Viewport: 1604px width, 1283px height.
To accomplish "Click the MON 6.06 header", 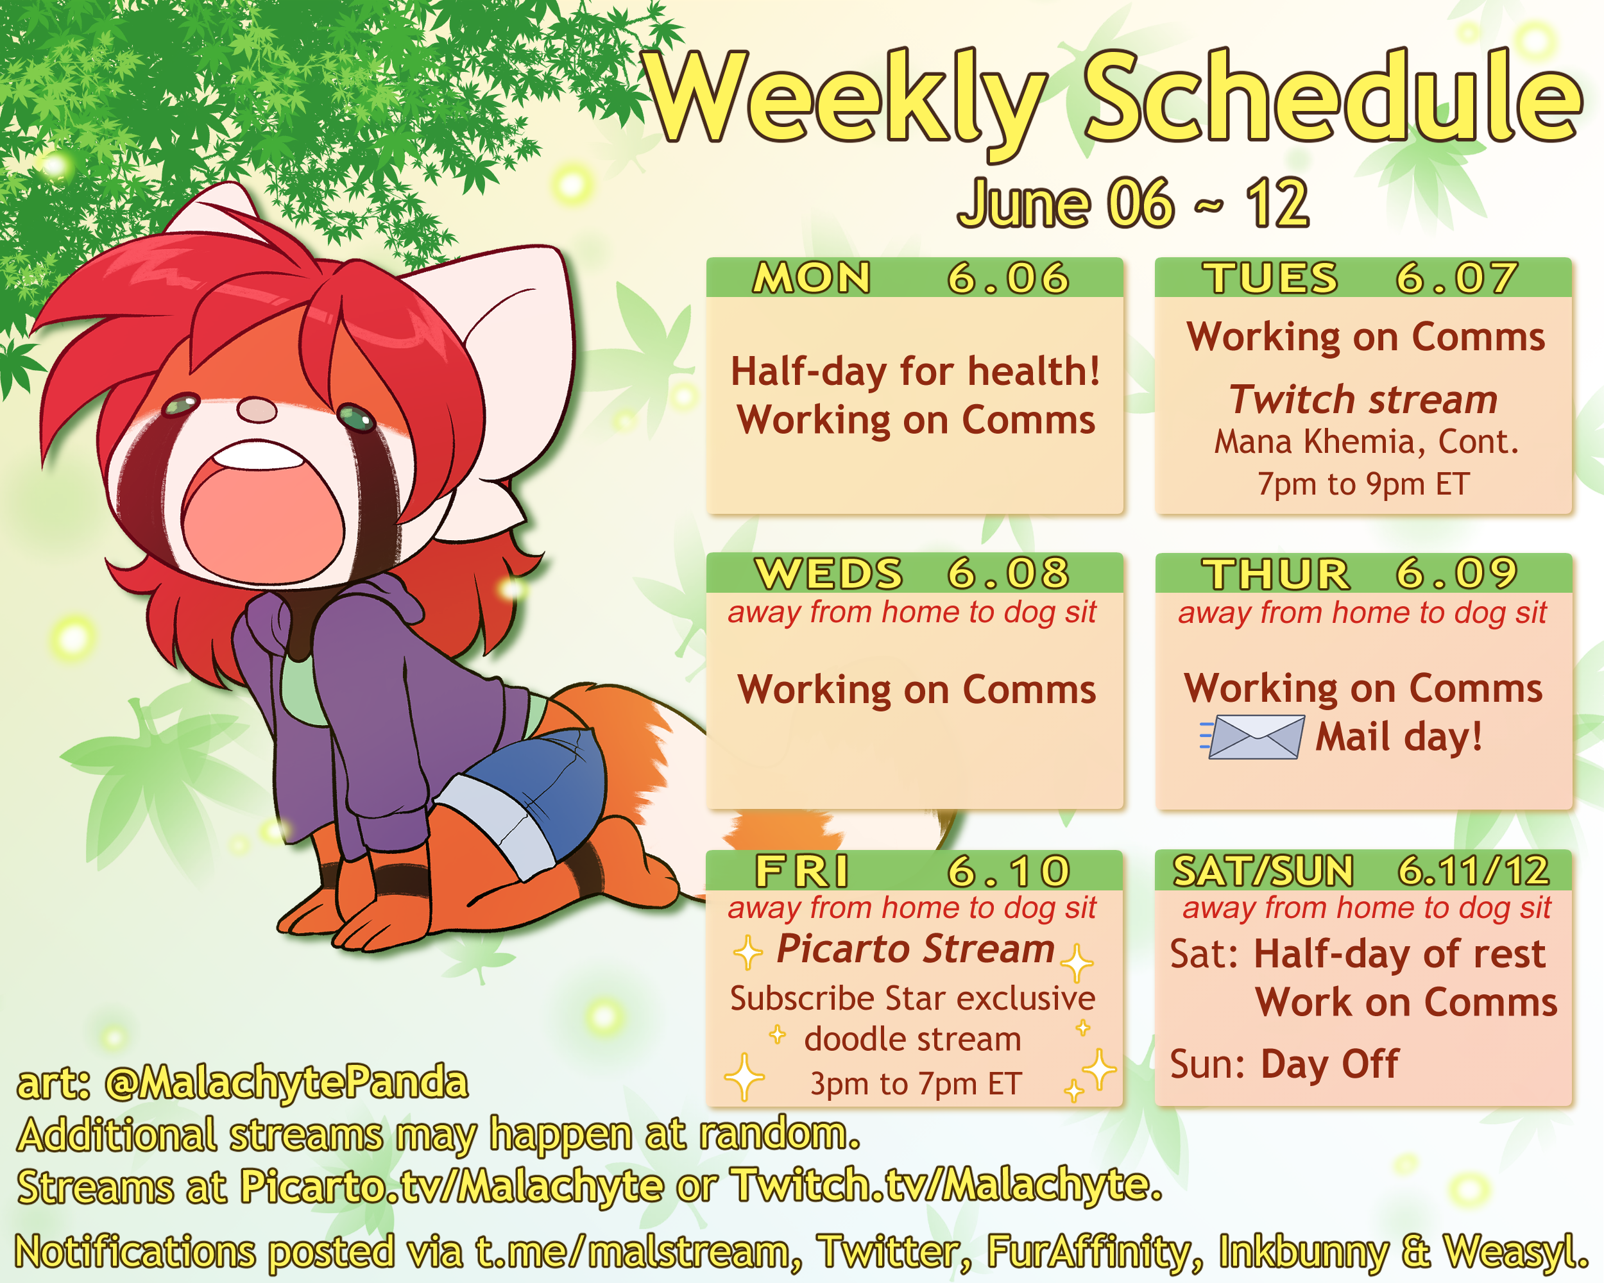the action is pos(914,277).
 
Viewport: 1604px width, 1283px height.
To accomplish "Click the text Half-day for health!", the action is pos(916,371).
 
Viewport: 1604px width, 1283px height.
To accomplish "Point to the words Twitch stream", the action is pos(1363,400).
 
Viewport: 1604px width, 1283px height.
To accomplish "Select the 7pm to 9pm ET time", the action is pos(1363,484).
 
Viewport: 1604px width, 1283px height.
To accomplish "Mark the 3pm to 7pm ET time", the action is pos(916,1083).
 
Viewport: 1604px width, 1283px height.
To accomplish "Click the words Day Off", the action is pos(1329,1064).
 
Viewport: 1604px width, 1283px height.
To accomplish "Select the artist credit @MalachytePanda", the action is pos(286,1083).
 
